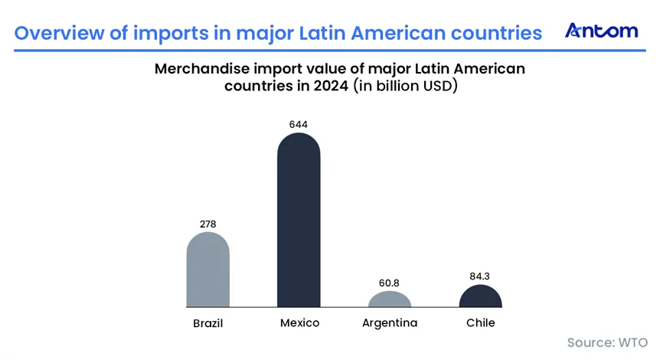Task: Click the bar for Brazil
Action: click(208, 270)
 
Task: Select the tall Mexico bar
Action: click(299, 220)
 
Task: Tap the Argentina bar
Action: click(390, 299)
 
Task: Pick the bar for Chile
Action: click(480, 296)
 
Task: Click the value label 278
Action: click(208, 224)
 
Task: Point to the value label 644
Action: click(299, 125)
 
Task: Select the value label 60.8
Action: click(389, 283)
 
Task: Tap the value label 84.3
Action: click(480, 277)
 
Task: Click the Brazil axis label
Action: click(208, 323)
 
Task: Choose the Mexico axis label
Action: click(299, 323)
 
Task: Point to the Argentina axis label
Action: click(390, 323)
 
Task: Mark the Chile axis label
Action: click(481, 323)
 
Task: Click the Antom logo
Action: click(602, 31)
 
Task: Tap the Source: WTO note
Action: click(607, 342)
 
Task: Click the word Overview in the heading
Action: click(60, 33)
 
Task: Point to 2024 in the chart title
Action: click(331, 86)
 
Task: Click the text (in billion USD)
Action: click(405, 86)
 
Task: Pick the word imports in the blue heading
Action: click(171, 34)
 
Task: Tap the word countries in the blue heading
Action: click(496, 33)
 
